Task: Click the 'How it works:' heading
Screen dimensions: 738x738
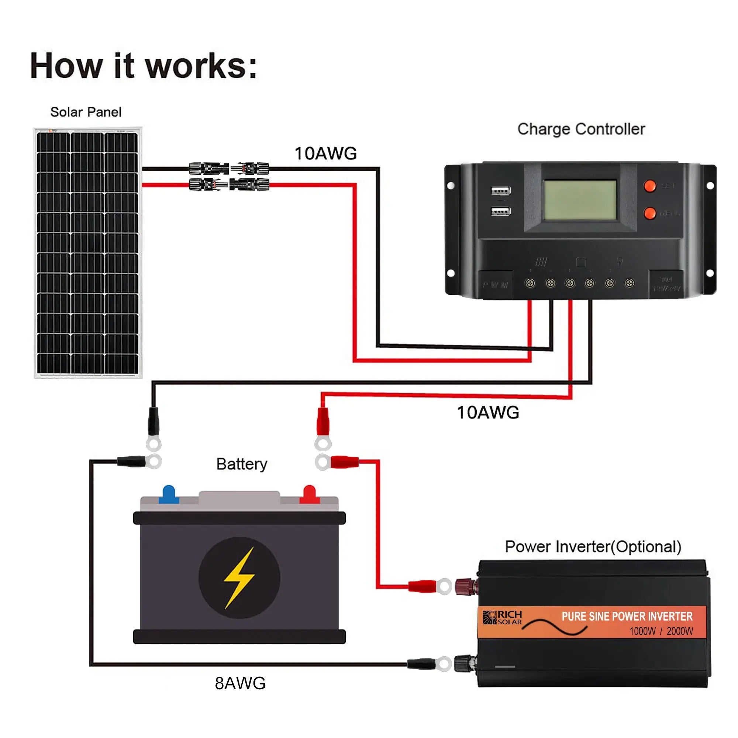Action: click(143, 66)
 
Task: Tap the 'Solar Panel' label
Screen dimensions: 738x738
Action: click(86, 112)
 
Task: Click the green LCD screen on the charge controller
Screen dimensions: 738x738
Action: click(579, 200)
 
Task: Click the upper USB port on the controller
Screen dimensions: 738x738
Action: click(500, 190)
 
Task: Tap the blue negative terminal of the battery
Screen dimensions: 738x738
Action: click(169, 494)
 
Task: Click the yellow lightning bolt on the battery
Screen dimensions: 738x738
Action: click(239, 577)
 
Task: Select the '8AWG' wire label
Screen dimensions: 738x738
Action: click(240, 683)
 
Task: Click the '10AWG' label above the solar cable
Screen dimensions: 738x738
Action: click(325, 154)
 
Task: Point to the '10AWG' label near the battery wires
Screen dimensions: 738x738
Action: click(488, 413)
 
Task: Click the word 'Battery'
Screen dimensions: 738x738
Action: click(241, 464)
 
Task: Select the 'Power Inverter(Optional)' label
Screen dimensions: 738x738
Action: click(593, 546)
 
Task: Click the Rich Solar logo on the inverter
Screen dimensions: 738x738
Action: click(502, 617)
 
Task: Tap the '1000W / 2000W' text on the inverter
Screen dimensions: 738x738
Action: click(661, 631)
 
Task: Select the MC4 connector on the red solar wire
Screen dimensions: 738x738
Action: click(229, 185)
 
